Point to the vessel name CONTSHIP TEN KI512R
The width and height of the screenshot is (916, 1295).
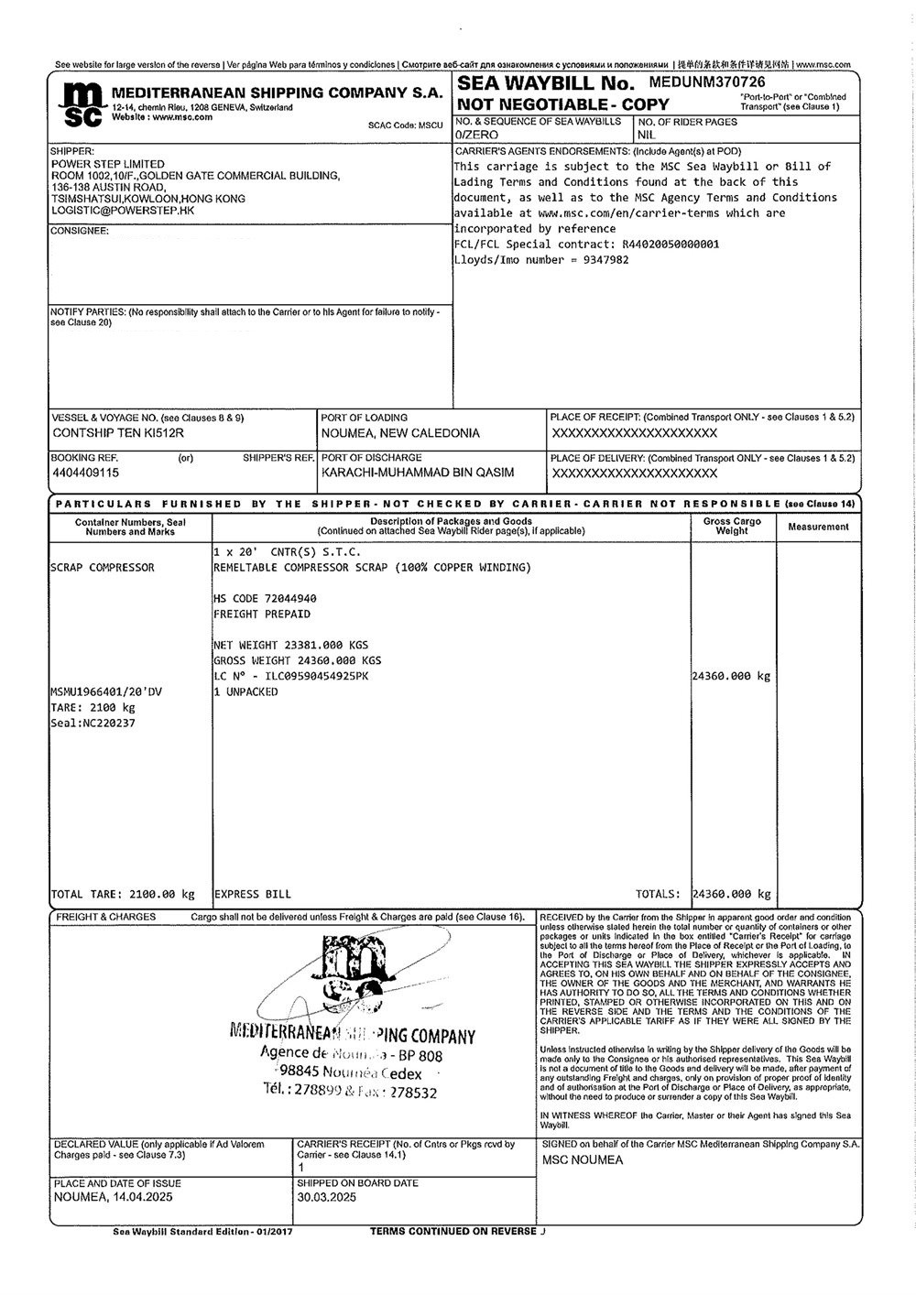coord(118,433)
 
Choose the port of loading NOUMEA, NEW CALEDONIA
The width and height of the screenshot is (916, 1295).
coord(400,433)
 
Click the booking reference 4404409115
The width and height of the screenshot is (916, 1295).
coord(86,473)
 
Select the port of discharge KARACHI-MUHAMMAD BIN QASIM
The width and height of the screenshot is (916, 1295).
coord(418,473)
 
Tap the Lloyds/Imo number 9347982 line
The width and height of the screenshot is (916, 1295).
coord(541,259)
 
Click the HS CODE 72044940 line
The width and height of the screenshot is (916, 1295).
coord(265,598)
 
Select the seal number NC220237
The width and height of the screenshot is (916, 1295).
coord(92,723)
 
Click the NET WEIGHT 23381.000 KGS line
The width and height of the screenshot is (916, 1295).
coord(290,645)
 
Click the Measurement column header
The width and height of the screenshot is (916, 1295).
coord(818,527)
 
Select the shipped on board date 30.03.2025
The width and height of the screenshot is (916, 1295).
coord(327,1197)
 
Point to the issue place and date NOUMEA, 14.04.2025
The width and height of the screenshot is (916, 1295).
coord(113,1197)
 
